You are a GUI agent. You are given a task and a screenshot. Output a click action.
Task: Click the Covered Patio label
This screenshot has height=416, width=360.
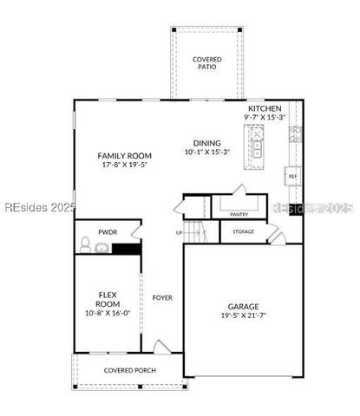[x=206, y=62]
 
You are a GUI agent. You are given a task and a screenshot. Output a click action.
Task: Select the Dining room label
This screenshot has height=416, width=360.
[x=207, y=144]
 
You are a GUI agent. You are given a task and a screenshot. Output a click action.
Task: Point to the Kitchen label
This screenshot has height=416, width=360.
[x=265, y=107]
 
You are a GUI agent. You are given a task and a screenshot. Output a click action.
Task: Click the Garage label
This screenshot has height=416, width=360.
[x=244, y=306]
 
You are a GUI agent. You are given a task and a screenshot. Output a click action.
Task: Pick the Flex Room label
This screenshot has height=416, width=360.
[x=108, y=300]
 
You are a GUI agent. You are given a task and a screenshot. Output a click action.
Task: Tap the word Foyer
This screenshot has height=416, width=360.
[x=162, y=297]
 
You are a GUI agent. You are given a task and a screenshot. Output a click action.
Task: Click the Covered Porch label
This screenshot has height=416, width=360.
[x=128, y=370]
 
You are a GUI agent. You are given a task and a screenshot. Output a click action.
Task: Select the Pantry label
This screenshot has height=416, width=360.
[x=239, y=213]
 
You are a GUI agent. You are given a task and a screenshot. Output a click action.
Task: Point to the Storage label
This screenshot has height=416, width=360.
[x=244, y=231]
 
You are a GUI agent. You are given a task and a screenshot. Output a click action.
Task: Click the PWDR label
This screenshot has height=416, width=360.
[x=108, y=232]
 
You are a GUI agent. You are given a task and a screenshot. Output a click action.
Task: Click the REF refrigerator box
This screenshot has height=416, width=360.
[x=292, y=176]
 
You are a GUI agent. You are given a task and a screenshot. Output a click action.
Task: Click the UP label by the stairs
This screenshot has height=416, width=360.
[x=180, y=232]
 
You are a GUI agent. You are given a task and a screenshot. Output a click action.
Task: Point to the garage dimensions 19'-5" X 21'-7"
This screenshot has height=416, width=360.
[x=244, y=317]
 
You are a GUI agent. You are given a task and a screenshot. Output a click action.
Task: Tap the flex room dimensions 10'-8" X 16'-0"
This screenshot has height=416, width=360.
[x=108, y=314]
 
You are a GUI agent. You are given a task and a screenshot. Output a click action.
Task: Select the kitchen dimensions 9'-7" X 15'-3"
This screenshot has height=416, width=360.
[x=265, y=116]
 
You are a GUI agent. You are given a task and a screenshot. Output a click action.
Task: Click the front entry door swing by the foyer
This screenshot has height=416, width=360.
[x=162, y=347]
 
